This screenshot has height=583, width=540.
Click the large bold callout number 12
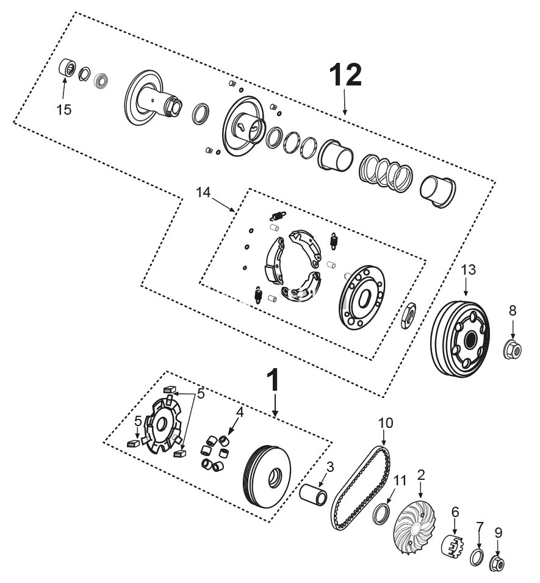pyautogui.click(x=345, y=74)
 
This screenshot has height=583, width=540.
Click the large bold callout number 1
pyautogui.click(x=275, y=380)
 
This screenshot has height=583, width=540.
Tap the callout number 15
pyautogui.click(x=64, y=110)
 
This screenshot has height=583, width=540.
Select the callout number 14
pyautogui.click(x=203, y=192)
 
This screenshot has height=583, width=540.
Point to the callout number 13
pyautogui.click(x=467, y=269)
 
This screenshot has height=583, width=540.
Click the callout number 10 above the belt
pyautogui.click(x=386, y=422)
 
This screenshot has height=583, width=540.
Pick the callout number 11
pyautogui.click(x=400, y=482)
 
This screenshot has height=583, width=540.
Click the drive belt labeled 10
pyautogui.click(x=360, y=488)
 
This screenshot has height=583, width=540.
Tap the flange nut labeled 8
pyautogui.click(x=513, y=350)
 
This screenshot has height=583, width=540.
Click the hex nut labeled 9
pyautogui.click(x=497, y=563)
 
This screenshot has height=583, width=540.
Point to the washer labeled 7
pyautogui.click(x=478, y=557)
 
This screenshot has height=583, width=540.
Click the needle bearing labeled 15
pyautogui.click(x=67, y=68)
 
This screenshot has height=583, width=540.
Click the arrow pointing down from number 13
pyautogui.click(x=467, y=287)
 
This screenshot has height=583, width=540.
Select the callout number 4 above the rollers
pyautogui.click(x=240, y=412)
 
